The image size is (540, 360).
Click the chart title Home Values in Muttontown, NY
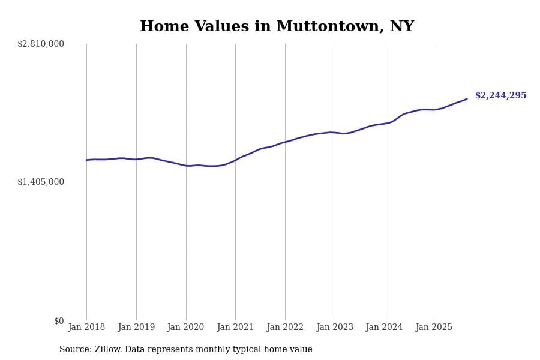(277, 27)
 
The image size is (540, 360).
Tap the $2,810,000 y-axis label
(41, 44)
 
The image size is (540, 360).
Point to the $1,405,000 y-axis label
(41, 182)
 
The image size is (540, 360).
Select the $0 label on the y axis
(59, 321)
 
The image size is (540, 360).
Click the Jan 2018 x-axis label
(86, 328)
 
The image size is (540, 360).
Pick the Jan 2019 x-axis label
(136, 328)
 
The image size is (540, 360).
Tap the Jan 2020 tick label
(186, 328)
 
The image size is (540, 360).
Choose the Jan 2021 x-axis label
(235, 328)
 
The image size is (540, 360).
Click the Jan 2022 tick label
(285, 328)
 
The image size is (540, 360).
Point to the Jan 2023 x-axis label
(335, 328)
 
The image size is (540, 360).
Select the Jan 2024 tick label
(385, 328)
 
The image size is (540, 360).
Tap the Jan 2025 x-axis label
(434, 328)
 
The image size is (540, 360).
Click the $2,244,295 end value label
(500, 96)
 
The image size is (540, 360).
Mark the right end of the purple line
(467, 99)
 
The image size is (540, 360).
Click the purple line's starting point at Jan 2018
(86, 160)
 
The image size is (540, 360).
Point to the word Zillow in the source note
(107, 350)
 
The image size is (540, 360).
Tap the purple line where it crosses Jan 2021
(235, 160)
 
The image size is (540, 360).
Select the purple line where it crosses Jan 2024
(385, 124)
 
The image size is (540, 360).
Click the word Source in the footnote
(74, 350)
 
